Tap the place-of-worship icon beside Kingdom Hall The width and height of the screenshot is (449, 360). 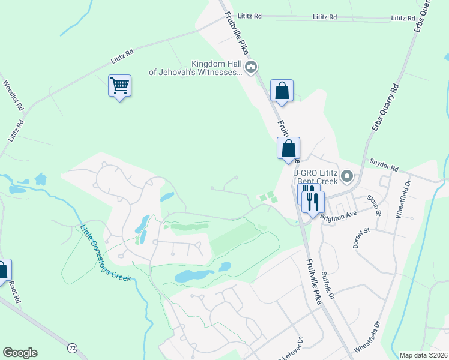(251, 66)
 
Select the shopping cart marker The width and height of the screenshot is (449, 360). (119, 86)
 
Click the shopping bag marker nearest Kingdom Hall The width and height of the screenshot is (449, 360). (282, 91)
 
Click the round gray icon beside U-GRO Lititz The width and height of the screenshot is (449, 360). (346, 176)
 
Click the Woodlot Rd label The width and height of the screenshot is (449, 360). (13, 97)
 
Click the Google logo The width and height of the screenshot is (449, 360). (20, 353)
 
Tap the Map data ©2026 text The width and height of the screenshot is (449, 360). (423, 355)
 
